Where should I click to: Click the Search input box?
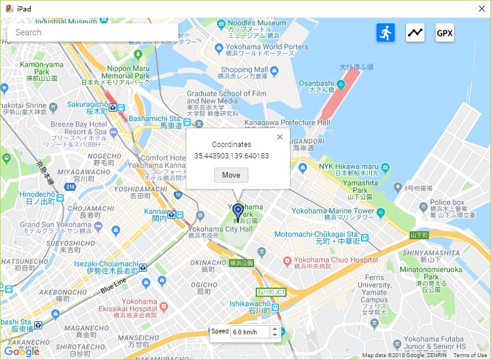(92, 32)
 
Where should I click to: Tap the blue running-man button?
(385, 32)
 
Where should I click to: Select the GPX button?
(444, 33)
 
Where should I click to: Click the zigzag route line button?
(415, 32)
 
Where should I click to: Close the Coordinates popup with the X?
(280, 137)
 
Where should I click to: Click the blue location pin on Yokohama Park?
(237, 211)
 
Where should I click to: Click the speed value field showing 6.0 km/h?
(250, 332)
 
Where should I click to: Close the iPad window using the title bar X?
(481, 9)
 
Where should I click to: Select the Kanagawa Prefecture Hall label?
(287, 123)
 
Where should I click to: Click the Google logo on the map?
(21, 351)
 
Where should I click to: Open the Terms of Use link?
(470, 355)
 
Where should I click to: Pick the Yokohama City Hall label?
(220, 229)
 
